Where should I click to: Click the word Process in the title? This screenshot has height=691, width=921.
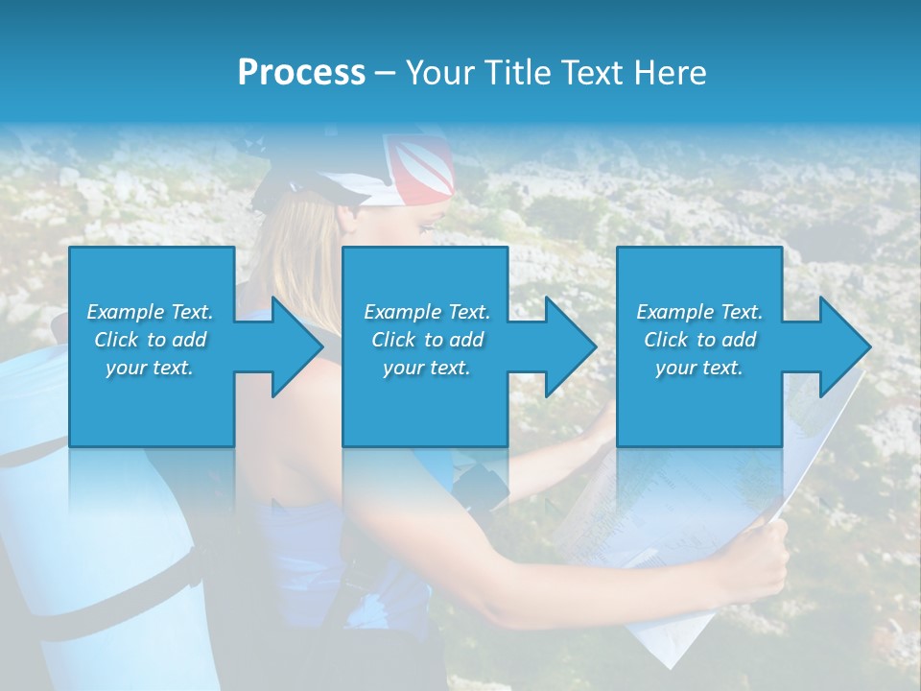tap(301, 72)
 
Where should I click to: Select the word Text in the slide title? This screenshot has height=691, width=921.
tap(595, 72)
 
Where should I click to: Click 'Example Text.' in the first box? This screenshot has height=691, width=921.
tap(150, 312)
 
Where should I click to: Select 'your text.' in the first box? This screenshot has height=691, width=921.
tap(150, 368)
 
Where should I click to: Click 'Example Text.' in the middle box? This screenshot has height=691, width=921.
tap(427, 312)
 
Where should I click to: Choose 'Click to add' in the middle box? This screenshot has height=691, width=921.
tap(427, 340)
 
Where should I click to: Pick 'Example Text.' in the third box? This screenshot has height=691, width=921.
tap(699, 312)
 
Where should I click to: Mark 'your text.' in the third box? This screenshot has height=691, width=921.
tap(699, 368)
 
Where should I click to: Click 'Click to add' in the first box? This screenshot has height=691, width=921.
tap(150, 340)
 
